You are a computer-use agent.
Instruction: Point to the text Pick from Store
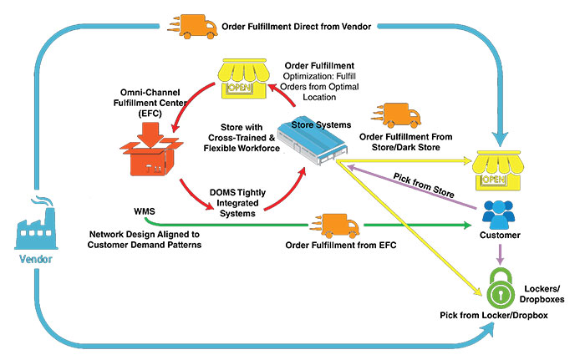(x=421, y=185)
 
